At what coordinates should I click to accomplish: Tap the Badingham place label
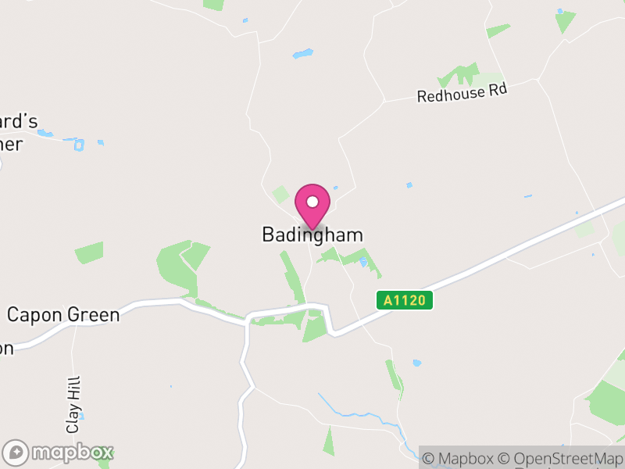tap(312, 234)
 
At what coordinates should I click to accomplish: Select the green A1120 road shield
tap(404, 300)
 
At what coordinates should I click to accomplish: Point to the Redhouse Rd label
tap(462, 93)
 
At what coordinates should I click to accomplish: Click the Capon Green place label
tap(63, 315)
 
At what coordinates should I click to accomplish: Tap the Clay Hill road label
tap(74, 403)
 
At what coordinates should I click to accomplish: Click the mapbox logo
tap(59, 452)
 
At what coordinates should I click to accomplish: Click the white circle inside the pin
tap(312, 202)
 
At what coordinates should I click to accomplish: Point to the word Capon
tap(31, 315)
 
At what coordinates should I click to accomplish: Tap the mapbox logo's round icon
tap(16, 452)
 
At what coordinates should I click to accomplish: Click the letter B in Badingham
tap(267, 234)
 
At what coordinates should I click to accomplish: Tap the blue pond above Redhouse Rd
tap(302, 54)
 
